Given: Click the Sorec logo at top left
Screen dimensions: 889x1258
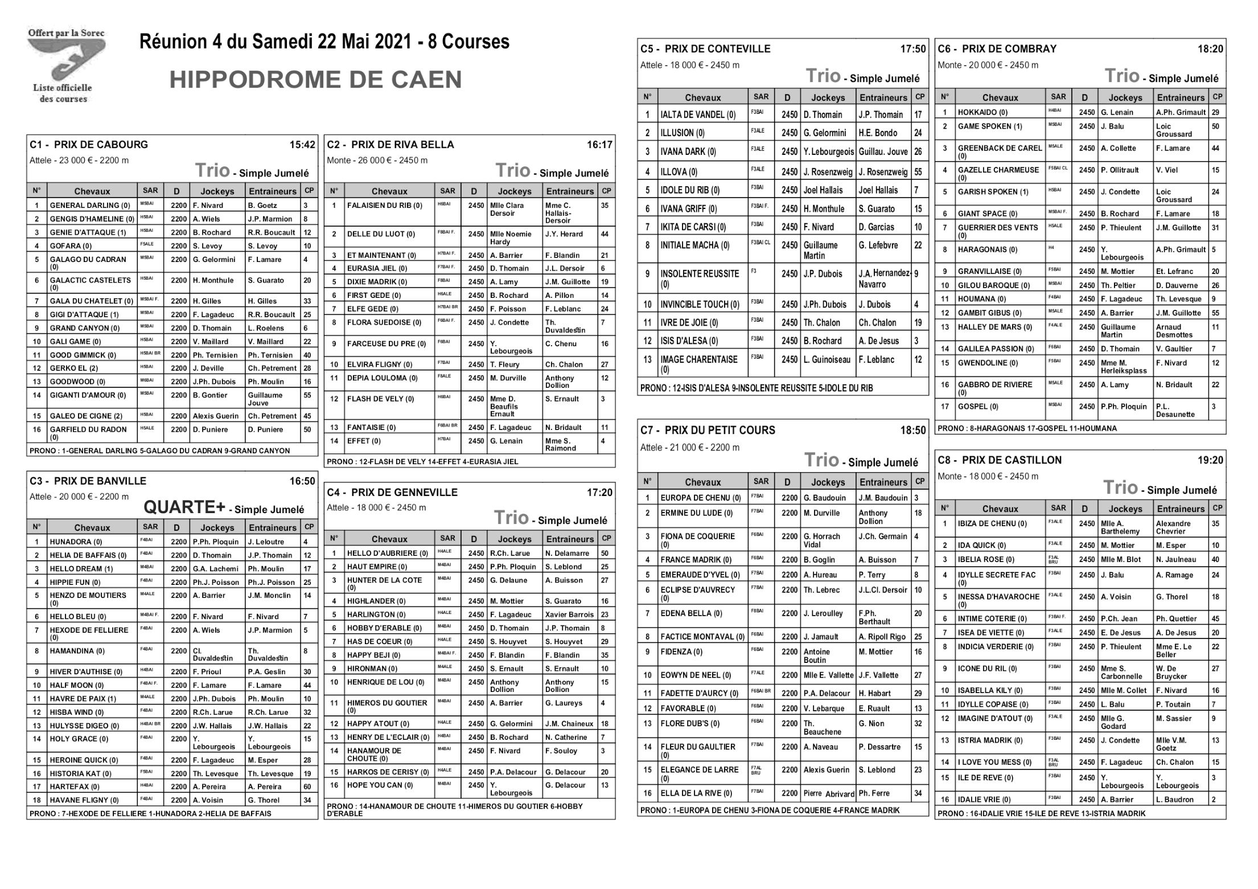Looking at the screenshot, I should click(x=65, y=65).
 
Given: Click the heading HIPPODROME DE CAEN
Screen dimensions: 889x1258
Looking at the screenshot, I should click(x=315, y=80).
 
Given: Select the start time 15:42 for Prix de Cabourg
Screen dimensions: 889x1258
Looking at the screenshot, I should click(x=302, y=145).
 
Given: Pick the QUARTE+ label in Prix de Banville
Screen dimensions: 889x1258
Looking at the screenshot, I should click(x=184, y=507).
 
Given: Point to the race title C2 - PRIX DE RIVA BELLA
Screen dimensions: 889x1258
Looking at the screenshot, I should click(x=390, y=145).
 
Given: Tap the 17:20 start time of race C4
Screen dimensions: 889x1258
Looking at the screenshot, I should click(x=599, y=493).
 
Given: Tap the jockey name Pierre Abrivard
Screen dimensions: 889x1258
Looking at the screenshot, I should click(x=829, y=794).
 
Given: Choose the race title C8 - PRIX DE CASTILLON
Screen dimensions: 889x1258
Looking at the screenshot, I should click(x=1000, y=460).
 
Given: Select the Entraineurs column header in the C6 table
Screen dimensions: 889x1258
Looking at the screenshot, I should click(x=1181, y=97).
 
